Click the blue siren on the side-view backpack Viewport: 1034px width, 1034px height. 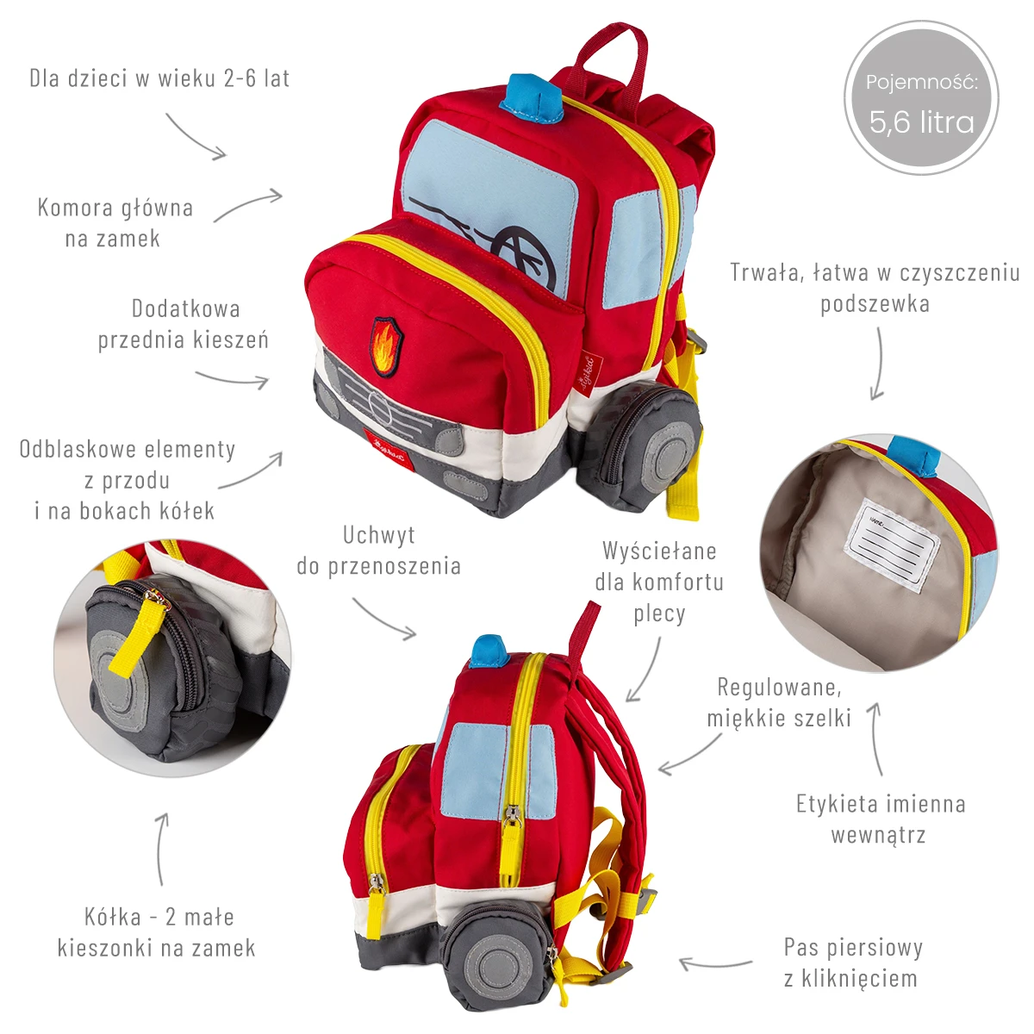coord(489,651)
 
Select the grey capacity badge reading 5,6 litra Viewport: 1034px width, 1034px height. coord(921,98)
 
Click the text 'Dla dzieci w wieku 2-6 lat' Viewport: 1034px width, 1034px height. coord(159,78)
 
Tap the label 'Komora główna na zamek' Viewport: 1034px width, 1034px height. coord(115,222)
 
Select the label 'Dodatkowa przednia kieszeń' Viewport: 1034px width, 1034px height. coord(183,324)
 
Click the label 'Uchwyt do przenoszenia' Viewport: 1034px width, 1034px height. coord(379,551)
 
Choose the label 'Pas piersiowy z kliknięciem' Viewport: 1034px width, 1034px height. coord(852,962)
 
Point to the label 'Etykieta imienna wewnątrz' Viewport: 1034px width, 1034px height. coord(880,819)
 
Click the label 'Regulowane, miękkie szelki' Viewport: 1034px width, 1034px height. coord(779,702)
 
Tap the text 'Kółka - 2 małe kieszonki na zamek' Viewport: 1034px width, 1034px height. coord(158,932)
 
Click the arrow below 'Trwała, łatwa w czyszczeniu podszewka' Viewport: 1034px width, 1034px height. coord(879,366)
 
